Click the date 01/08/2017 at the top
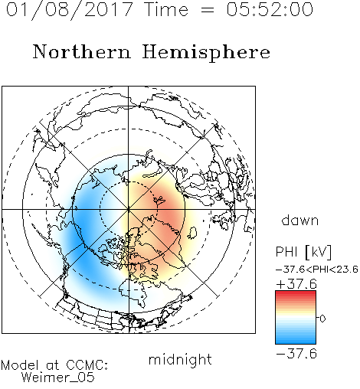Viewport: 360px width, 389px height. (x=69, y=10)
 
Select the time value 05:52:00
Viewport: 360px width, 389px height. (x=270, y=9)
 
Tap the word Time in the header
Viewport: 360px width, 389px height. (x=166, y=9)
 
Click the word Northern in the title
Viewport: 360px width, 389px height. (x=82, y=51)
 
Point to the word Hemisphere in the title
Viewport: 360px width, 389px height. (x=206, y=53)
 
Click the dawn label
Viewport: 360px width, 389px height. (x=300, y=220)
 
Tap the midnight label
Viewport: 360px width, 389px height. (x=180, y=359)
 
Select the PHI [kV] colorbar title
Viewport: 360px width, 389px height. (x=303, y=252)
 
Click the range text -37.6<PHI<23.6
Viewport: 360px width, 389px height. (x=317, y=270)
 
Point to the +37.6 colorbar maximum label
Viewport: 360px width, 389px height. (x=296, y=284)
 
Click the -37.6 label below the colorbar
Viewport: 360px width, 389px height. (x=296, y=354)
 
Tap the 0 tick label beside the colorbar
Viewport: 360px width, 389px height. (x=322, y=319)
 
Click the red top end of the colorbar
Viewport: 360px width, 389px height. (x=296, y=293)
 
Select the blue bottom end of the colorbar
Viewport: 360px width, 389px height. (x=296, y=342)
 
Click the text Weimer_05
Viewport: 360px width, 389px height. (x=58, y=378)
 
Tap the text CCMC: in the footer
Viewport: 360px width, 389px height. (x=87, y=365)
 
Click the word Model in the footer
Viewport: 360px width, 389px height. (x=21, y=365)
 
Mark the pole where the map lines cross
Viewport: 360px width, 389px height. (x=129, y=209)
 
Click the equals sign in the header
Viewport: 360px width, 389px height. (x=207, y=10)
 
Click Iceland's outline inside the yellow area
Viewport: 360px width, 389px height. (x=192, y=233)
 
